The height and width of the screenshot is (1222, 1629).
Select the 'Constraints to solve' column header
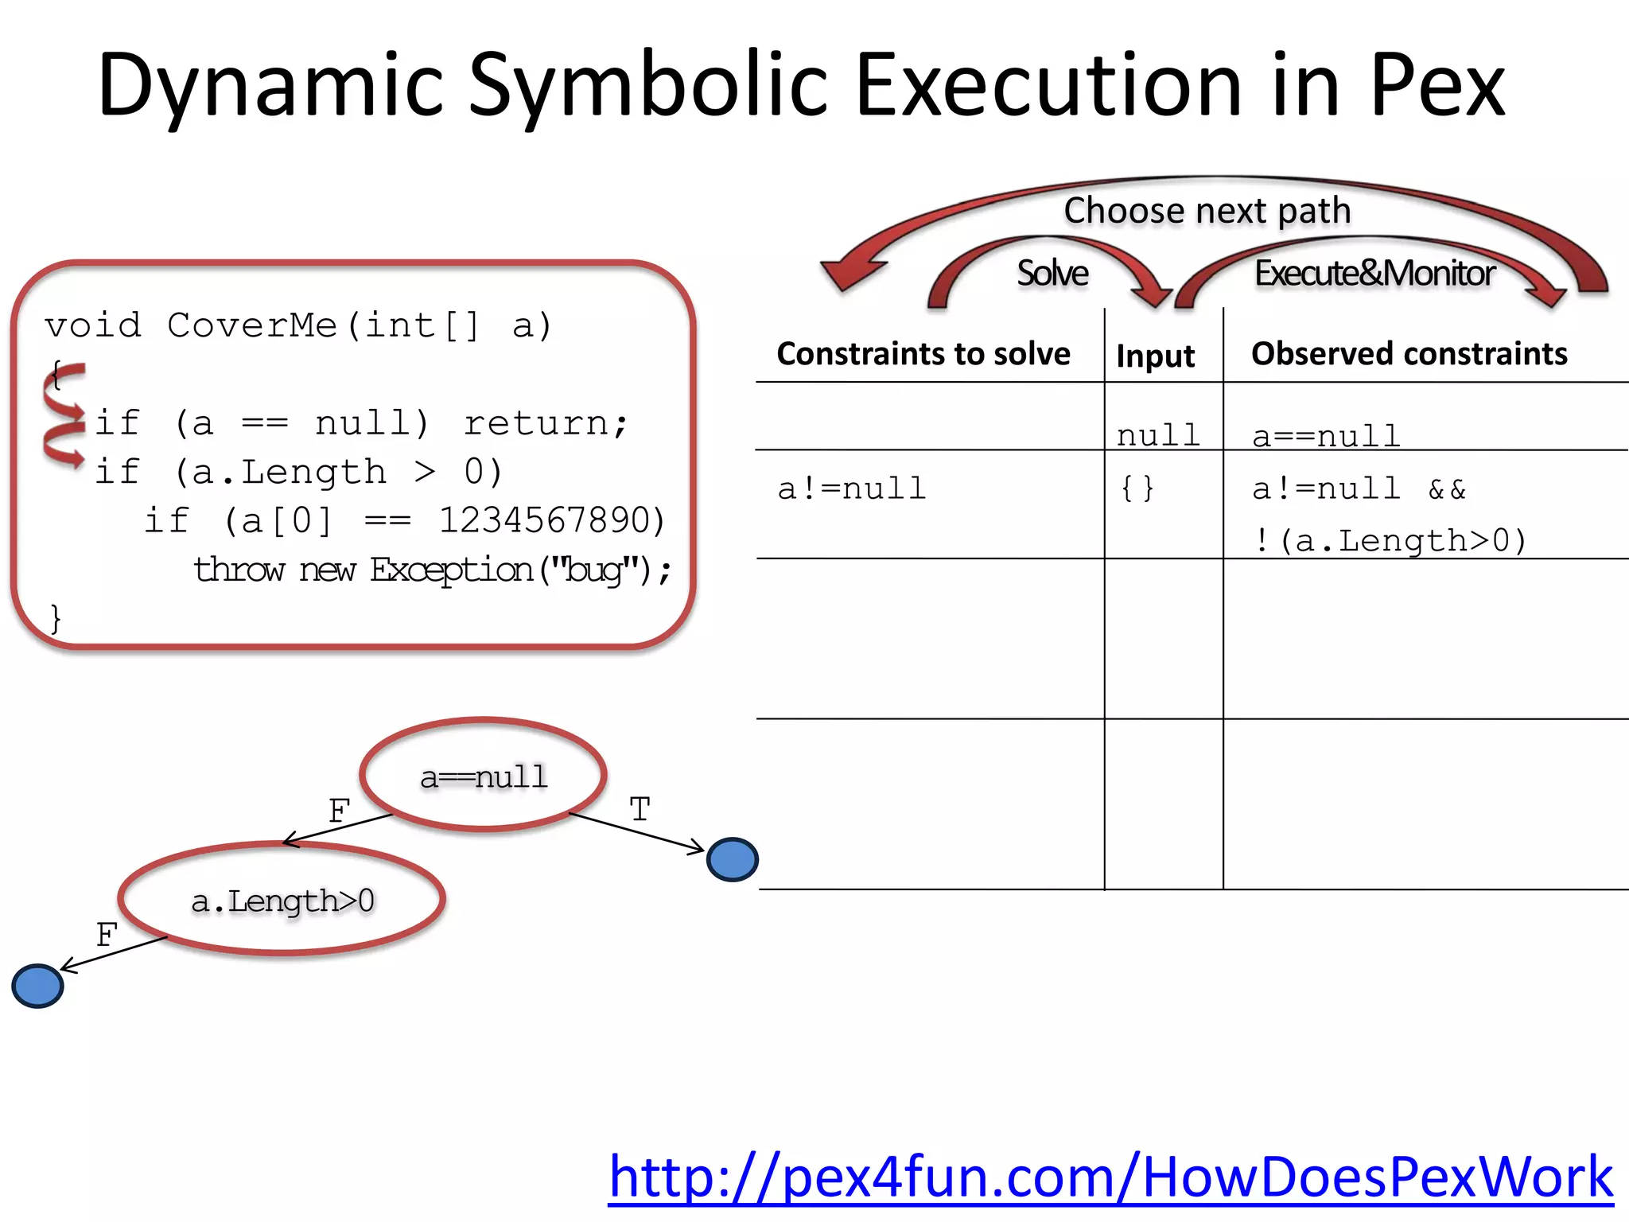923,353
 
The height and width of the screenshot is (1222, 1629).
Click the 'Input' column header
1155,356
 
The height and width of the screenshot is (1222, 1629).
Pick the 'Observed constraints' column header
1409,353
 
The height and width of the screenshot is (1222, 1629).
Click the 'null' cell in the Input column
1158,435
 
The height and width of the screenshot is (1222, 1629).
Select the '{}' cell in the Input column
1137,488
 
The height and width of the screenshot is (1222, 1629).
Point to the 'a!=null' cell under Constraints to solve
852,488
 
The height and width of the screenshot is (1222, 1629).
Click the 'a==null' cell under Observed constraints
1326,436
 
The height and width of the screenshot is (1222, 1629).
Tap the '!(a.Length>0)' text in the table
1389,541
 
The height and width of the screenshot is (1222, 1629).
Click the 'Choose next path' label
1207,211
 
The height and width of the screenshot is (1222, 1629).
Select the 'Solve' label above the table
1052,273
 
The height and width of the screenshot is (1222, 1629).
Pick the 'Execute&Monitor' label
1374,273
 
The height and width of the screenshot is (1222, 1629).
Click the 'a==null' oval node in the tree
484,776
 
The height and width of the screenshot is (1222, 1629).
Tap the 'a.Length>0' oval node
282,900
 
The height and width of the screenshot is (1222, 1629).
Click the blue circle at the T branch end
733,859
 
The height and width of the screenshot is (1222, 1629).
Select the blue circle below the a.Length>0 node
37,986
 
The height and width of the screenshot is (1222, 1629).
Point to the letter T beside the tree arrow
640,810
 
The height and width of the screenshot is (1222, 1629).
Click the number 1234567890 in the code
550,521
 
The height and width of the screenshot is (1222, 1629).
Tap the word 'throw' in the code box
239,570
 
